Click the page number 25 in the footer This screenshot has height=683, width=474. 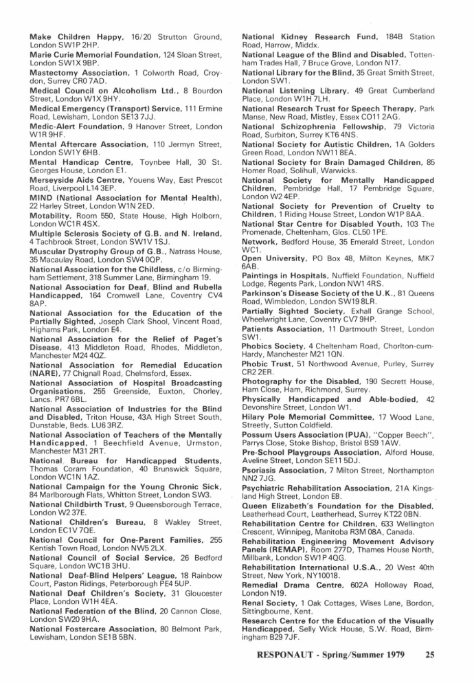[430, 654]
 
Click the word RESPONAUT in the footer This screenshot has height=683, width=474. [286, 654]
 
